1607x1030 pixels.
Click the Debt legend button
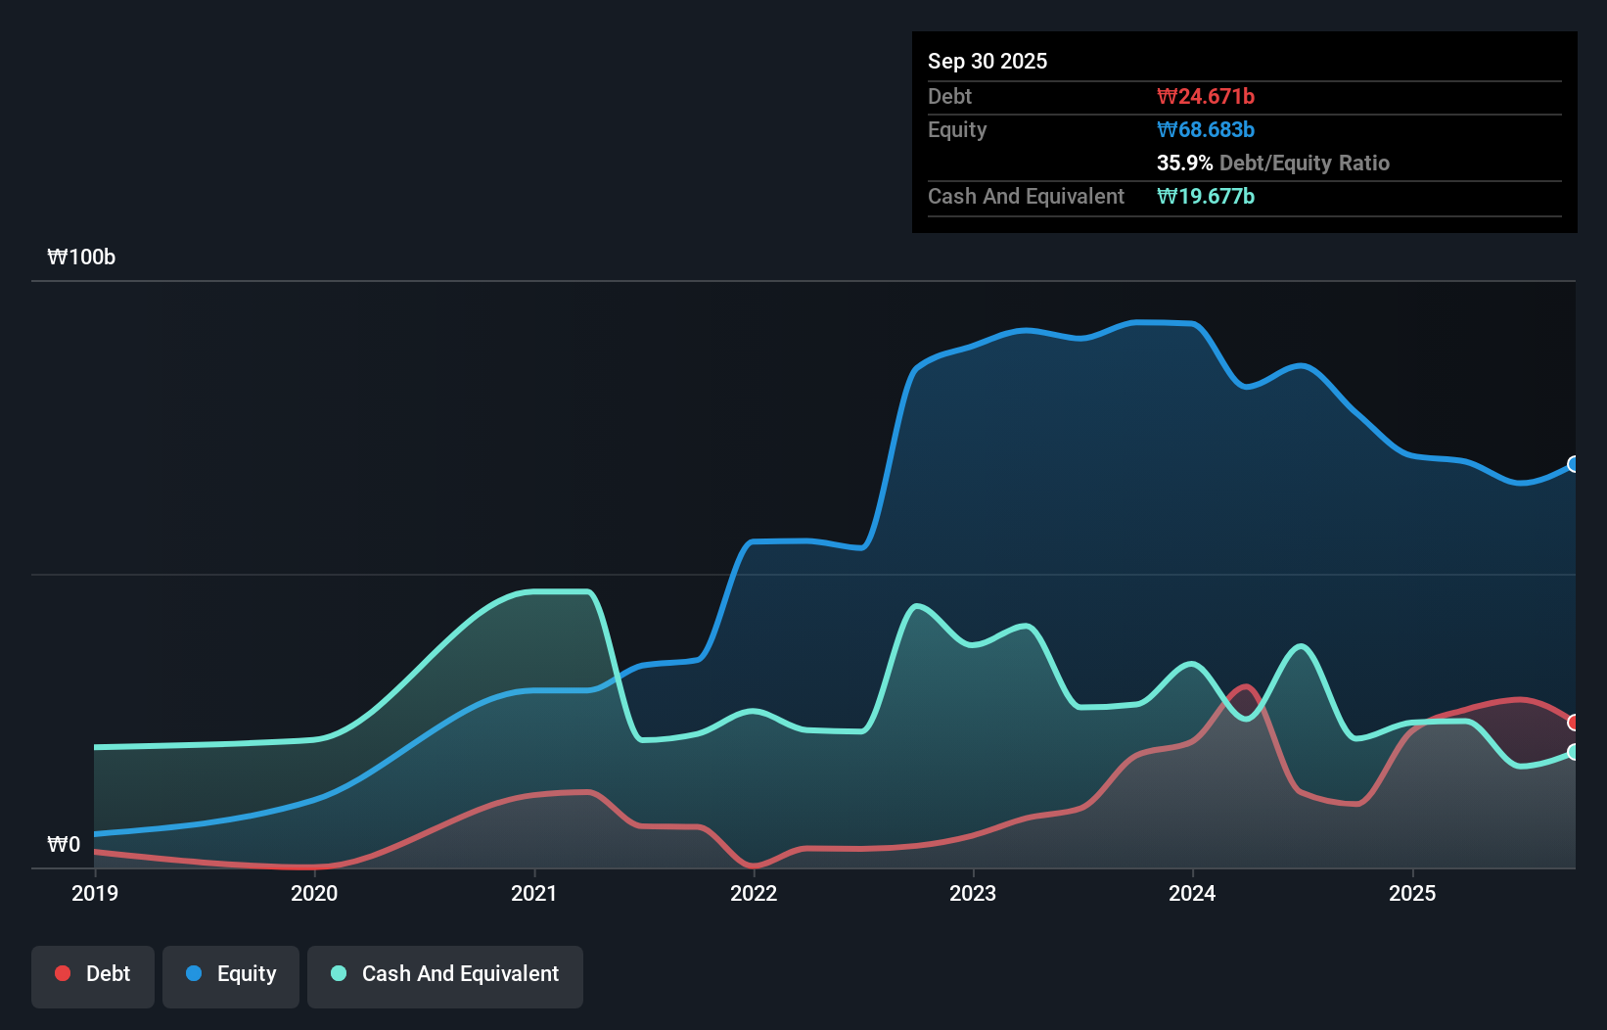93,974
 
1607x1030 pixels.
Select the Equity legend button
231,974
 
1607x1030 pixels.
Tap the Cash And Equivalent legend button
445,974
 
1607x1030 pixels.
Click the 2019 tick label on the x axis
95,893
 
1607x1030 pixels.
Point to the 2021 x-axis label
534,893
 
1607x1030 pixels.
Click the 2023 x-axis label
973,893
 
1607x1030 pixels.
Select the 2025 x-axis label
1412,893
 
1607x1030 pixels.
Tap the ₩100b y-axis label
81,257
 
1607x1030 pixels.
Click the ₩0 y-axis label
64,844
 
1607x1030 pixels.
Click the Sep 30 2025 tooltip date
987,61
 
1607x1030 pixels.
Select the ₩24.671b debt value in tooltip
1205,96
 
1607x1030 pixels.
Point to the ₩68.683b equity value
1205,129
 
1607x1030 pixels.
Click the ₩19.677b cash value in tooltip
1205,196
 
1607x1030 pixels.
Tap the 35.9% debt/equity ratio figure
1184,163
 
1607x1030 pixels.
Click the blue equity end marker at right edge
1574,464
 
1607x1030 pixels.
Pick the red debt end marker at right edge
1574,723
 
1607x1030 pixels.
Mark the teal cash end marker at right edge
1574,752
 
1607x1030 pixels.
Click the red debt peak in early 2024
1245,687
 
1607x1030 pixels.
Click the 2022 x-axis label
754,893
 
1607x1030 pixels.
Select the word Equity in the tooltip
957,129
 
